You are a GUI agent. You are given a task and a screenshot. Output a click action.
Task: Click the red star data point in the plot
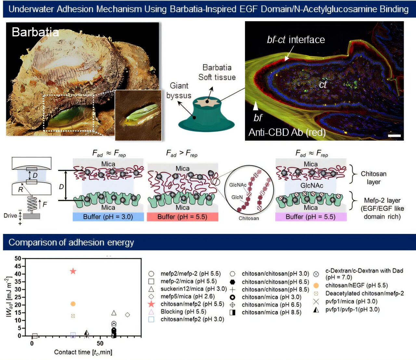(73, 271)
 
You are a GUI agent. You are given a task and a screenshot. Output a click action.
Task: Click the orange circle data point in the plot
(73, 304)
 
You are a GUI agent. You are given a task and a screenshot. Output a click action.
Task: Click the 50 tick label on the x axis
(100, 343)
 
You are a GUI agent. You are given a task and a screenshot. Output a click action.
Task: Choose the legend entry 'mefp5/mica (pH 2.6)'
(188, 296)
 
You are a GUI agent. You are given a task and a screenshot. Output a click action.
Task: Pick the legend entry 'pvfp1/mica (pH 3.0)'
(351, 302)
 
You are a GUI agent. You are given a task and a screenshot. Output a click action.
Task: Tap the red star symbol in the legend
(151, 304)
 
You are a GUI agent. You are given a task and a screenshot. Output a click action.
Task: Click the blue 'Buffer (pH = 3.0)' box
(108, 217)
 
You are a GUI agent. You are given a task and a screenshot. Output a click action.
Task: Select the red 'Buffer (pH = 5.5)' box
(182, 217)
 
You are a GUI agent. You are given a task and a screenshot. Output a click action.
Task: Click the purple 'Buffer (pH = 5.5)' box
(311, 217)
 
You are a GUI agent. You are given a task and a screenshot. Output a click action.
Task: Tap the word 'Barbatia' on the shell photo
(35, 32)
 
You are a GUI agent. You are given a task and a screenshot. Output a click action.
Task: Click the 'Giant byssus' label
(179, 91)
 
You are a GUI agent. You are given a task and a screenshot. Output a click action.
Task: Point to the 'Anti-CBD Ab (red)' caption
(287, 133)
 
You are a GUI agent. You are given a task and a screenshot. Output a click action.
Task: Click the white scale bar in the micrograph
(394, 135)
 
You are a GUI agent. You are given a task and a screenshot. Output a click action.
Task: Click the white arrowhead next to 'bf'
(256, 106)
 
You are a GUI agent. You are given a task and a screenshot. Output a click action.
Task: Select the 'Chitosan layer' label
(373, 178)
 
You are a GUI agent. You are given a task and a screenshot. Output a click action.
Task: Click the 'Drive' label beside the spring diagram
(10, 216)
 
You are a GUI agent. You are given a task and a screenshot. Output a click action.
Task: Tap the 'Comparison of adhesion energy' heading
(71, 242)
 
